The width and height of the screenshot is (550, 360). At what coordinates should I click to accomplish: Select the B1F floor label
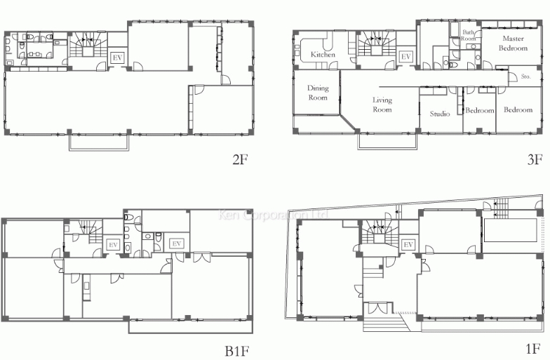(237, 349)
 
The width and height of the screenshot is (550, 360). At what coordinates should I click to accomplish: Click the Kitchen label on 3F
(323, 55)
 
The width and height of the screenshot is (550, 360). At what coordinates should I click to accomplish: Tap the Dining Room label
(318, 93)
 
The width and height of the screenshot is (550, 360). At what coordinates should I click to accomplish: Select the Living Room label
(382, 105)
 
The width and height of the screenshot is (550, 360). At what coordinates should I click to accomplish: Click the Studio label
(440, 114)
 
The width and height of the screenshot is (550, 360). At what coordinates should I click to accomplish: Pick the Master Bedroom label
(513, 44)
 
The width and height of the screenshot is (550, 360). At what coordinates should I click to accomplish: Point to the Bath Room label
(469, 35)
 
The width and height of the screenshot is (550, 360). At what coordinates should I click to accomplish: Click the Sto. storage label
(526, 77)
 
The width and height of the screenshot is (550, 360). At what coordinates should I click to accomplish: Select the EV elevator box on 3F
(405, 57)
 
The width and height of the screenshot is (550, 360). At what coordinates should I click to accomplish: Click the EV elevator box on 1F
(408, 244)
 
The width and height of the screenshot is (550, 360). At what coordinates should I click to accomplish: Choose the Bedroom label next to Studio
(480, 111)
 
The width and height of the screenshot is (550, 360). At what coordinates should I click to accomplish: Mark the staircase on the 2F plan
(86, 46)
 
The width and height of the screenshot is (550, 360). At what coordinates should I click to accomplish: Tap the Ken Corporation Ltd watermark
(273, 215)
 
